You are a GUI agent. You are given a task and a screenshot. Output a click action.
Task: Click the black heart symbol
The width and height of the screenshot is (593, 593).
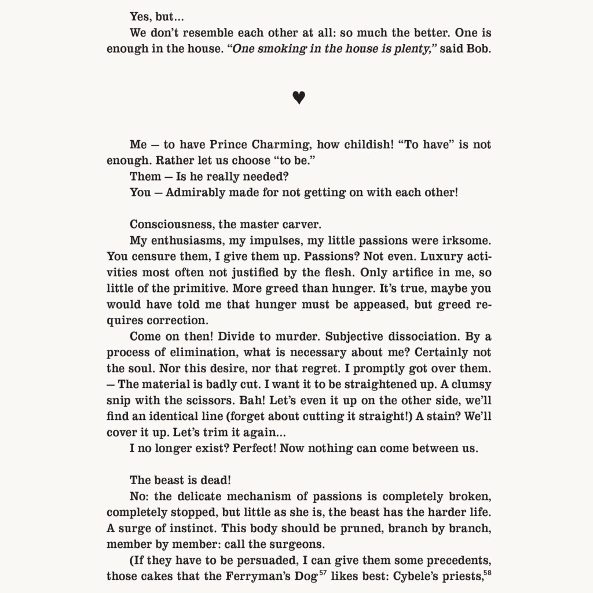(298, 98)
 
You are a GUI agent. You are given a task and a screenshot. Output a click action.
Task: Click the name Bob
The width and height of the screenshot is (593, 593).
(480, 49)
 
